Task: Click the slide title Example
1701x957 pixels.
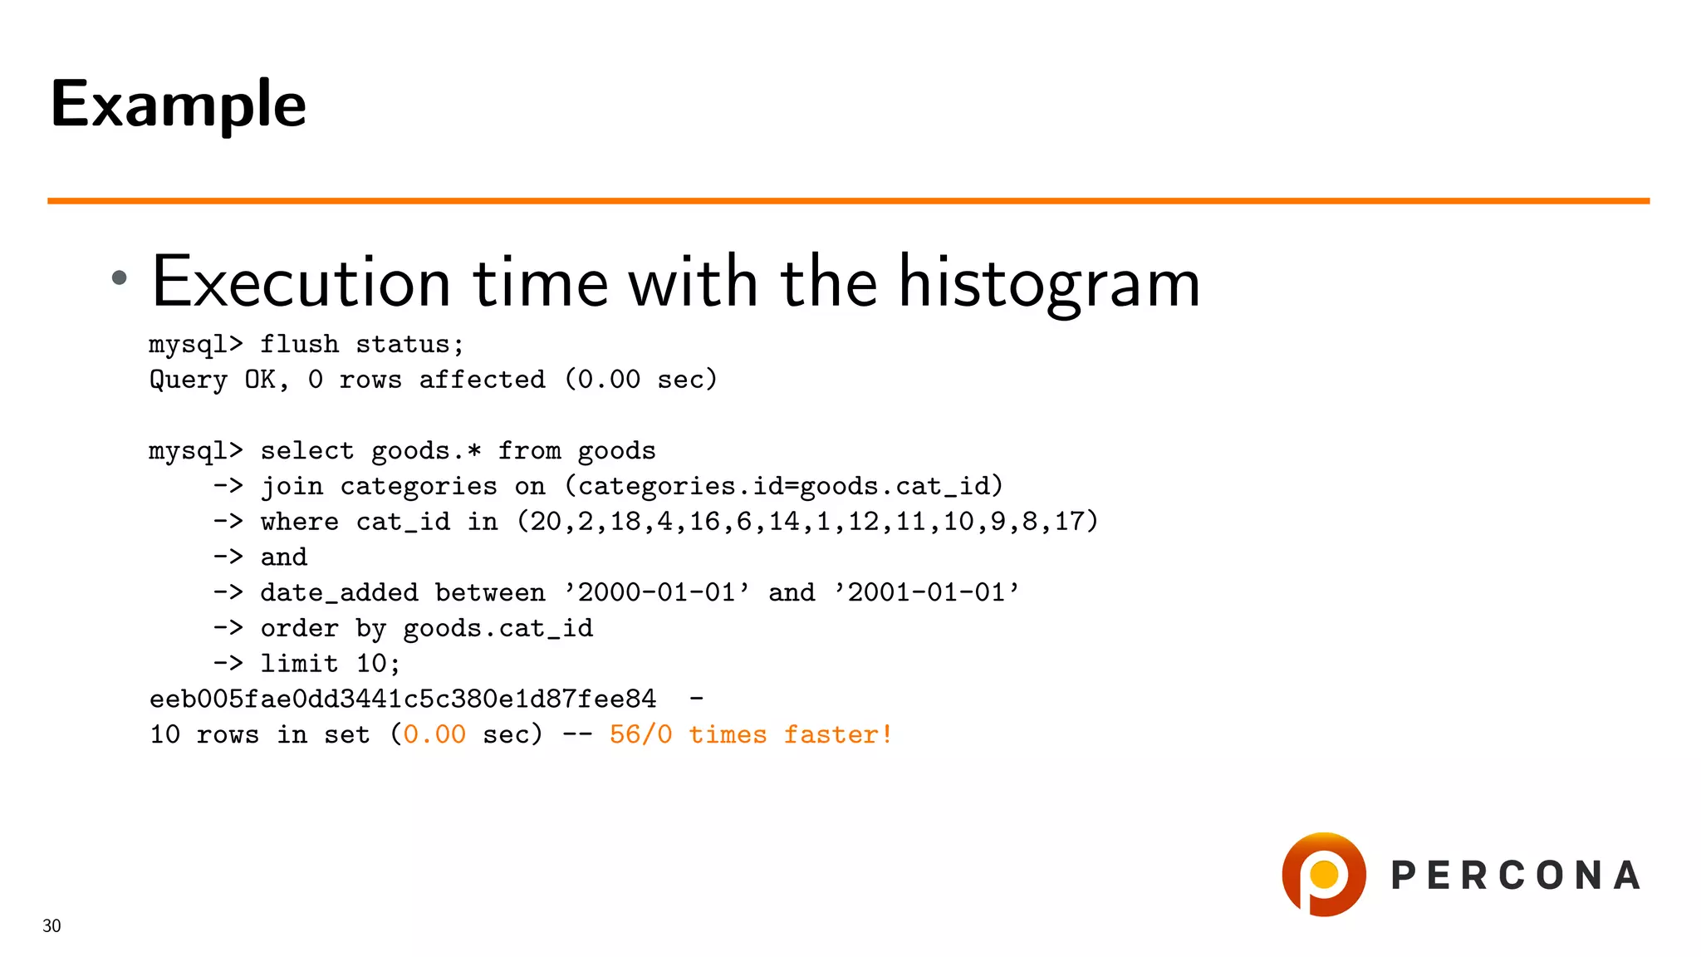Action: (x=178, y=105)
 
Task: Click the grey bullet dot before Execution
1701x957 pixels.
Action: (x=120, y=277)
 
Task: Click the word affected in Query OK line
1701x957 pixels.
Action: (x=482, y=380)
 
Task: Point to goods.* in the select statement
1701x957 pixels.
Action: (x=426, y=451)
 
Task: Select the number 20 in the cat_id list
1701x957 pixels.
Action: (x=546, y=522)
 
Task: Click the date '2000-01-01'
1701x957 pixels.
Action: (x=656, y=593)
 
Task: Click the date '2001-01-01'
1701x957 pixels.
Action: (x=926, y=593)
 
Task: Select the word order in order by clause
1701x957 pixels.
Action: (x=299, y=629)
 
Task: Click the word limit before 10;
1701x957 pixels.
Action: (x=299, y=664)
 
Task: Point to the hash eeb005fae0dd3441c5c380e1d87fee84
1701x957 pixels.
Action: (x=403, y=699)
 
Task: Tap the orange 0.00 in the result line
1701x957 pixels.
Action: (x=434, y=735)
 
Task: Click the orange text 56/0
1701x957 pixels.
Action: (x=640, y=735)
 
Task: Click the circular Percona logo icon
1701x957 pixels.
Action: (x=1324, y=875)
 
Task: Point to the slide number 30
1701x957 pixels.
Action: (x=51, y=926)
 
